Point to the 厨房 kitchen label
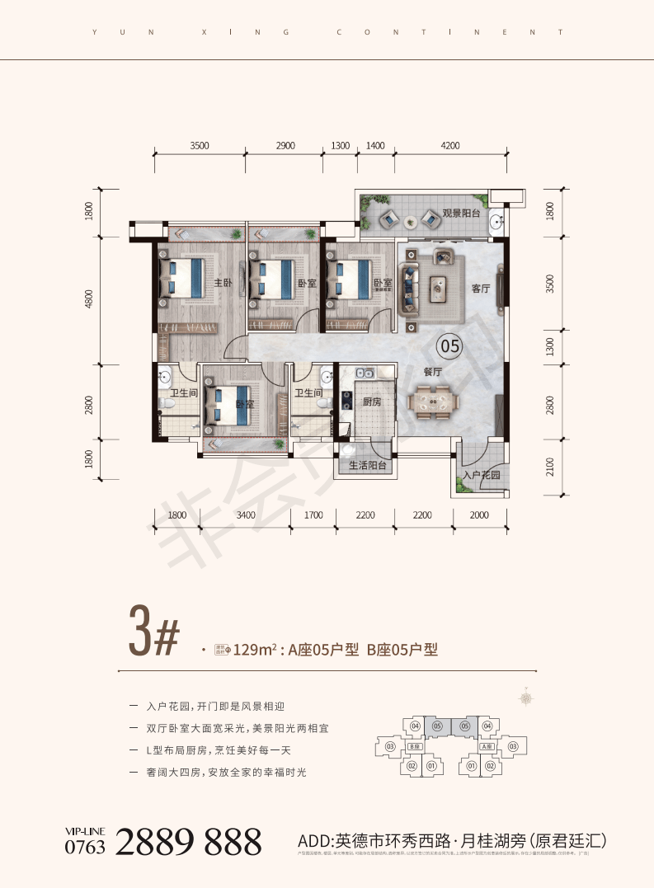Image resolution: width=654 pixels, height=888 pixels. tap(371, 402)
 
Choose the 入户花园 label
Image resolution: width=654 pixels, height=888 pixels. tap(482, 475)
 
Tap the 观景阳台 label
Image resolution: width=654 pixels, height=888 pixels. tap(459, 213)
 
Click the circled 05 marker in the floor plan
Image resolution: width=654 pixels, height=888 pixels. tap(449, 345)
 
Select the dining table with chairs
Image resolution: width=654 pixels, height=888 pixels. tap(434, 402)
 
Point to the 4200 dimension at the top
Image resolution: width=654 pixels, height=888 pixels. tap(449, 145)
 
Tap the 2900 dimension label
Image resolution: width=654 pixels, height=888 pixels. tap(285, 145)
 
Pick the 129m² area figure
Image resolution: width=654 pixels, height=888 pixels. tap(253, 650)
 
